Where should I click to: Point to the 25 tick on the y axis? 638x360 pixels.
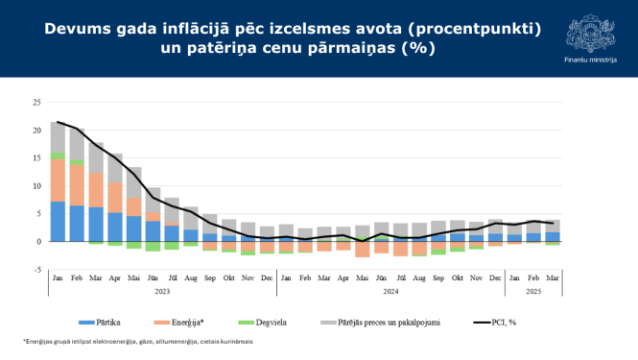[36, 102]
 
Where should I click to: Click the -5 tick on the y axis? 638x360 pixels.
[37, 270]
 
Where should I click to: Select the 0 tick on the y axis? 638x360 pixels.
[39, 242]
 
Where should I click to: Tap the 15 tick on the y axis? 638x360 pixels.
[36, 157]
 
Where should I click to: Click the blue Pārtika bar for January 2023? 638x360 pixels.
[58, 221]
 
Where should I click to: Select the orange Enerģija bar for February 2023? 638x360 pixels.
[76, 185]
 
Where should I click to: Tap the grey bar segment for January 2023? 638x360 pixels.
[58, 136]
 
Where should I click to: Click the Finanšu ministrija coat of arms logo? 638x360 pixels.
[585, 30]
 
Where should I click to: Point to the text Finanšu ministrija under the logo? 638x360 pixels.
[585, 60]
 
